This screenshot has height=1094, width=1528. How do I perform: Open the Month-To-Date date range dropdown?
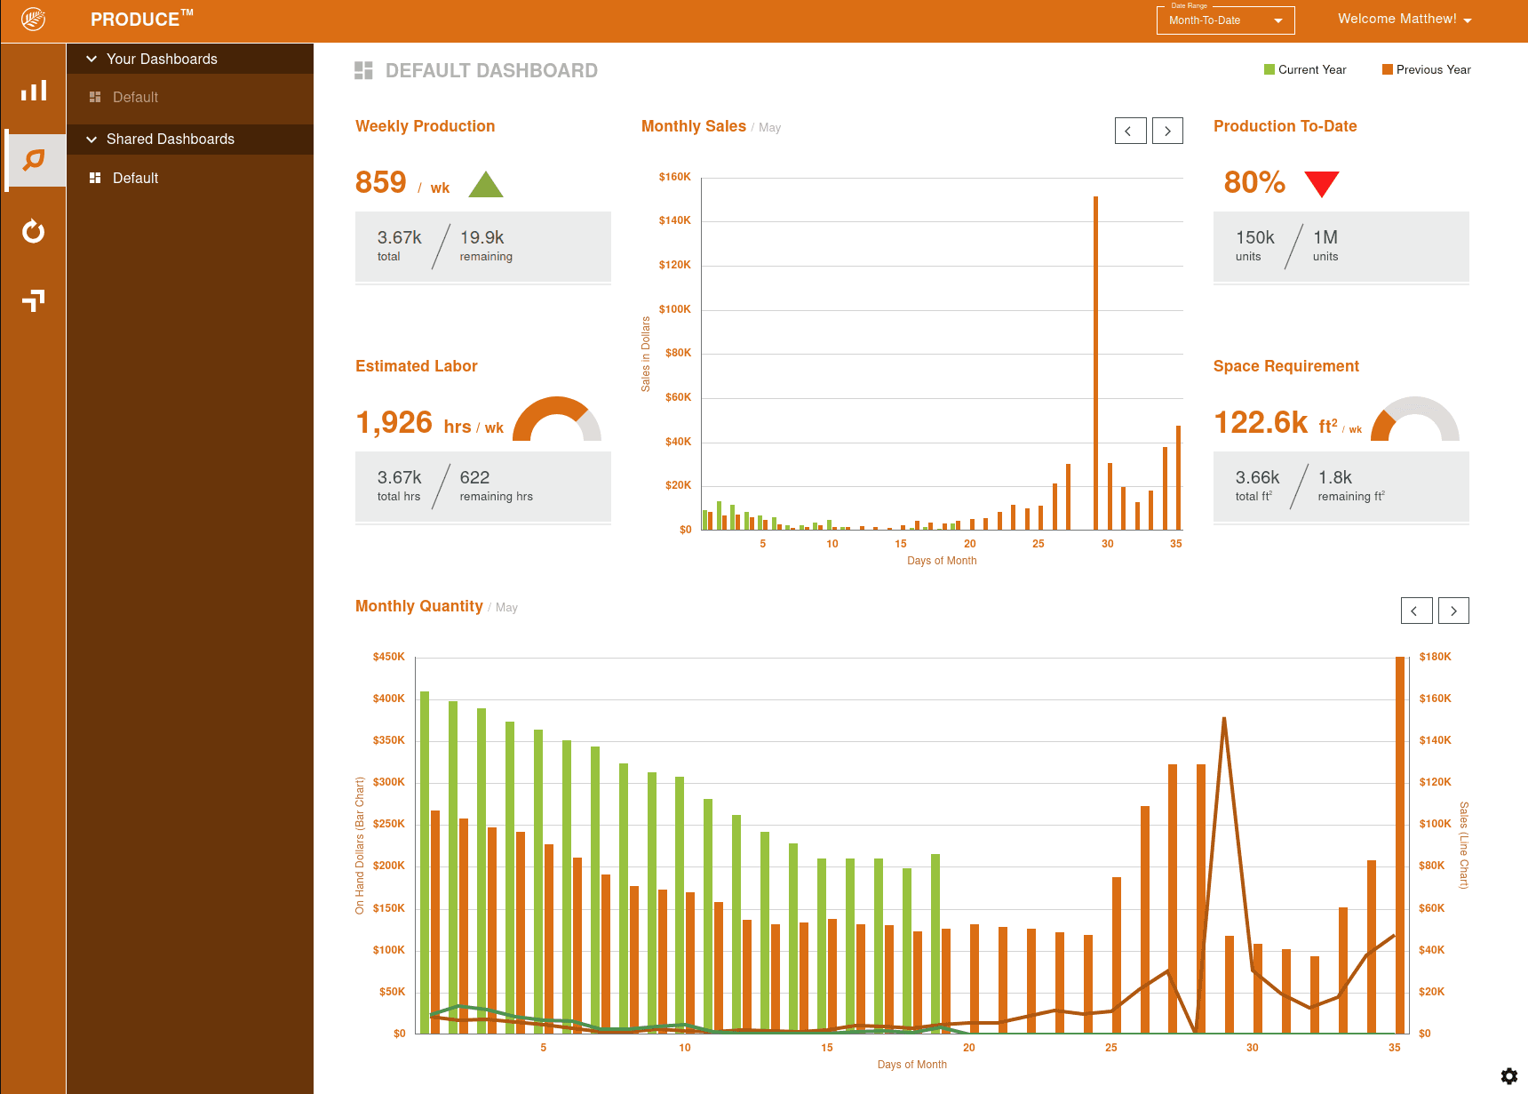pyautogui.click(x=1225, y=20)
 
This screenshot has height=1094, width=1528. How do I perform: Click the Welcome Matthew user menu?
pyautogui.click(x=1404, y=19)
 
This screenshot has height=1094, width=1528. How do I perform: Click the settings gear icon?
pyautogui.click(x=1508, y=1076)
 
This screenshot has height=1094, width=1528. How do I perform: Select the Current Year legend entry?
pyautogui.click(x=1305, y=69)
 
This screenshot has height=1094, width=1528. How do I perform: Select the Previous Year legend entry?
pyautogui.click(x=1426, y=69)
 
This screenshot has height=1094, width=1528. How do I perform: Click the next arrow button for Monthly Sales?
pyautogui.click(x=1167, y=131)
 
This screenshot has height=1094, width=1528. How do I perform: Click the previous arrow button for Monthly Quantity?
pyautogui.click(x=1415, y=611)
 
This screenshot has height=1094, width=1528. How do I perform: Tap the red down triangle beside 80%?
pyautogui.click(x=1321, y=182)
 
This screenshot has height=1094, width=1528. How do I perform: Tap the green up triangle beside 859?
pyautogui.click(x=485, y=186)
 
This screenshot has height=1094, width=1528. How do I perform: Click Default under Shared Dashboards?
pyautogui.click(x=135, y=178)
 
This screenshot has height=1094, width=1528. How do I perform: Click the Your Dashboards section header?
pyautogui.click(x=162, y=59)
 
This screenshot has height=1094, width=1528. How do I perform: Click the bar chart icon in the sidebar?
pyautogui.click(x=34, y=91)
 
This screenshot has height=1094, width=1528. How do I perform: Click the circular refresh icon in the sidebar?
pyautogui.click(x=34, y=231)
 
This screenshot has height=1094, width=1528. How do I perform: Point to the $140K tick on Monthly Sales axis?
pyautogui.click(x=674, y=220)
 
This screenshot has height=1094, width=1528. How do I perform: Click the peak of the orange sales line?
pyautogui.click(x=1223, y=719)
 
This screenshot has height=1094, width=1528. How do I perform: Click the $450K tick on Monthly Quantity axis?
pyautogui.click(x=388, y=657)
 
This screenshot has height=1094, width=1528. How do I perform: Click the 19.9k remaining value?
pyautogui.click(x=481, y=237)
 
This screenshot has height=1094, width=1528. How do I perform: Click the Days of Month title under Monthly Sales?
pyautogui.click(x=941, y=561)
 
